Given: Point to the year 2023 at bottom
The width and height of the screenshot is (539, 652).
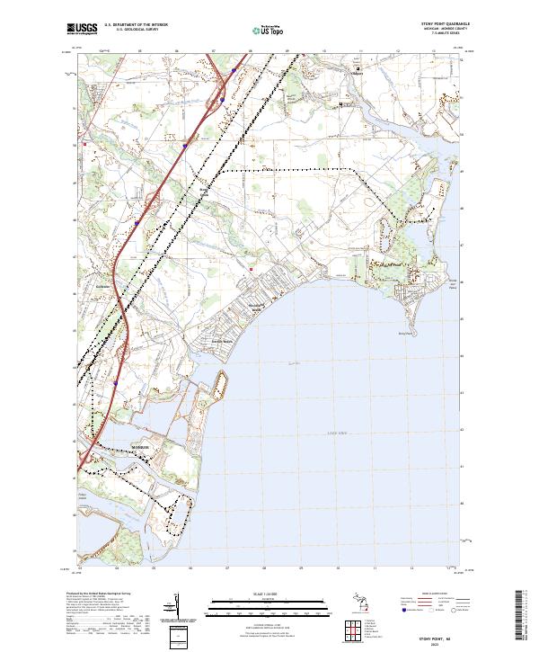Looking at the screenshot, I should pyautogui.click(x=440, y=642).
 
